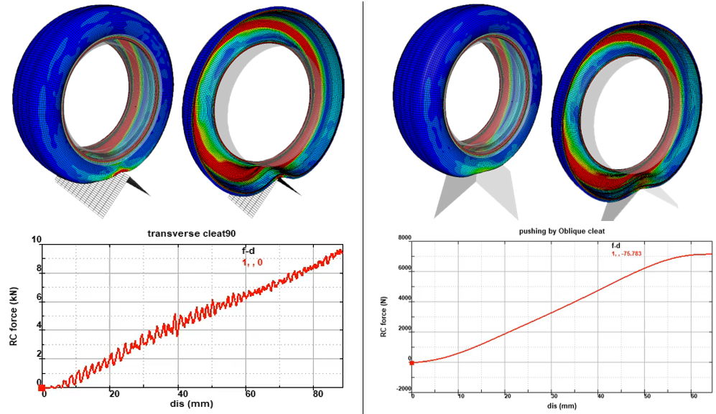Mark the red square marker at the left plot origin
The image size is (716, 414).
click(x=42, y=388)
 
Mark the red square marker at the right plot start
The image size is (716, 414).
click(x=412, y=363)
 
